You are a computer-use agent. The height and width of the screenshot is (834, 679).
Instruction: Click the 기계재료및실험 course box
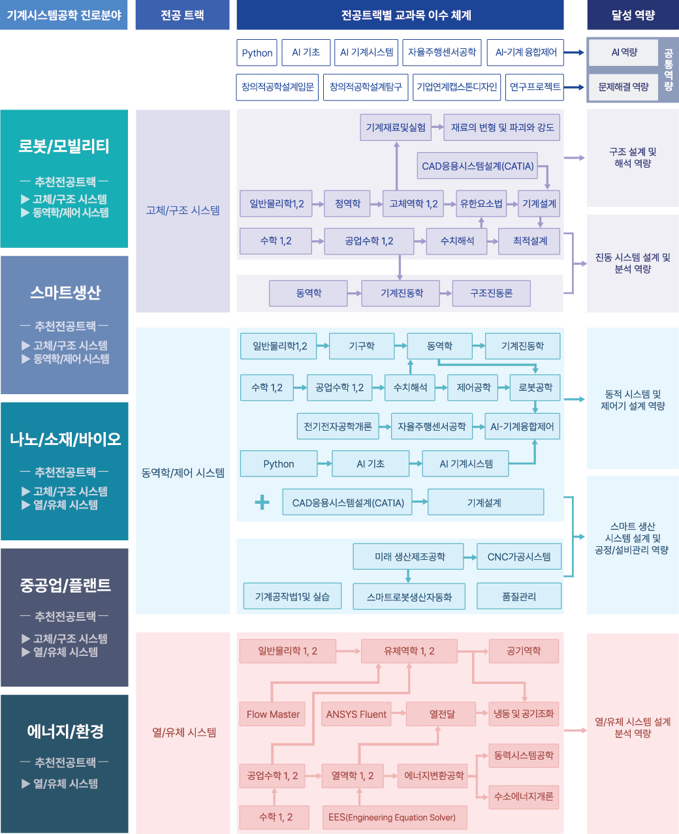396,127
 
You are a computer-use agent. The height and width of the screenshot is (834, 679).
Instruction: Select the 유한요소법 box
481,204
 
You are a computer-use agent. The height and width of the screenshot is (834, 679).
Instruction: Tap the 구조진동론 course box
491,293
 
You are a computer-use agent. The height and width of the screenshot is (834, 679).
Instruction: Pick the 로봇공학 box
535,387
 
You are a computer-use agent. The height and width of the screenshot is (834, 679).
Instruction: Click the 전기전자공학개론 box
338,426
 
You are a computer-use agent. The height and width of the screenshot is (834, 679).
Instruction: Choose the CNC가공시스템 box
519,557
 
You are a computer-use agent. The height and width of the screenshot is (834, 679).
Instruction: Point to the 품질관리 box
519,596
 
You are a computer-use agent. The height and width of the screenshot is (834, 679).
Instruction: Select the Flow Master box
273,714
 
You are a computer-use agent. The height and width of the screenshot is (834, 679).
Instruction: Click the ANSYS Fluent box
356,714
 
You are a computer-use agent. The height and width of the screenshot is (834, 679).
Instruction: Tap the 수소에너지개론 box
524,796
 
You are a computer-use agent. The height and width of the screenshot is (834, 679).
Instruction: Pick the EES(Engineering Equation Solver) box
392,817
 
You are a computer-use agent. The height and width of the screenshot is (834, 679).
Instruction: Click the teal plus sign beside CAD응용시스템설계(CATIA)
262,502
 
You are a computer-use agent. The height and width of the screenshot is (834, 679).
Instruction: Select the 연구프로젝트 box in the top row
535,87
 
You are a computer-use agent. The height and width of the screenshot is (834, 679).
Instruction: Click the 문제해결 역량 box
624,87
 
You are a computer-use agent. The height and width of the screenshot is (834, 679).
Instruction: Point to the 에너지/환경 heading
65,731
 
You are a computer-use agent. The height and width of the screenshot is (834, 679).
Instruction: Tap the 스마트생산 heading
65,292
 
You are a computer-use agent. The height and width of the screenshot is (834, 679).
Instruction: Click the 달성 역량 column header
633,15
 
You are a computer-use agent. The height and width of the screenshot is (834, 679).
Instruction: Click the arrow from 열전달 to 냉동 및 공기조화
482,714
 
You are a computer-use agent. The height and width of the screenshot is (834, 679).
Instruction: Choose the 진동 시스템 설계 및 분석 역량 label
633,263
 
